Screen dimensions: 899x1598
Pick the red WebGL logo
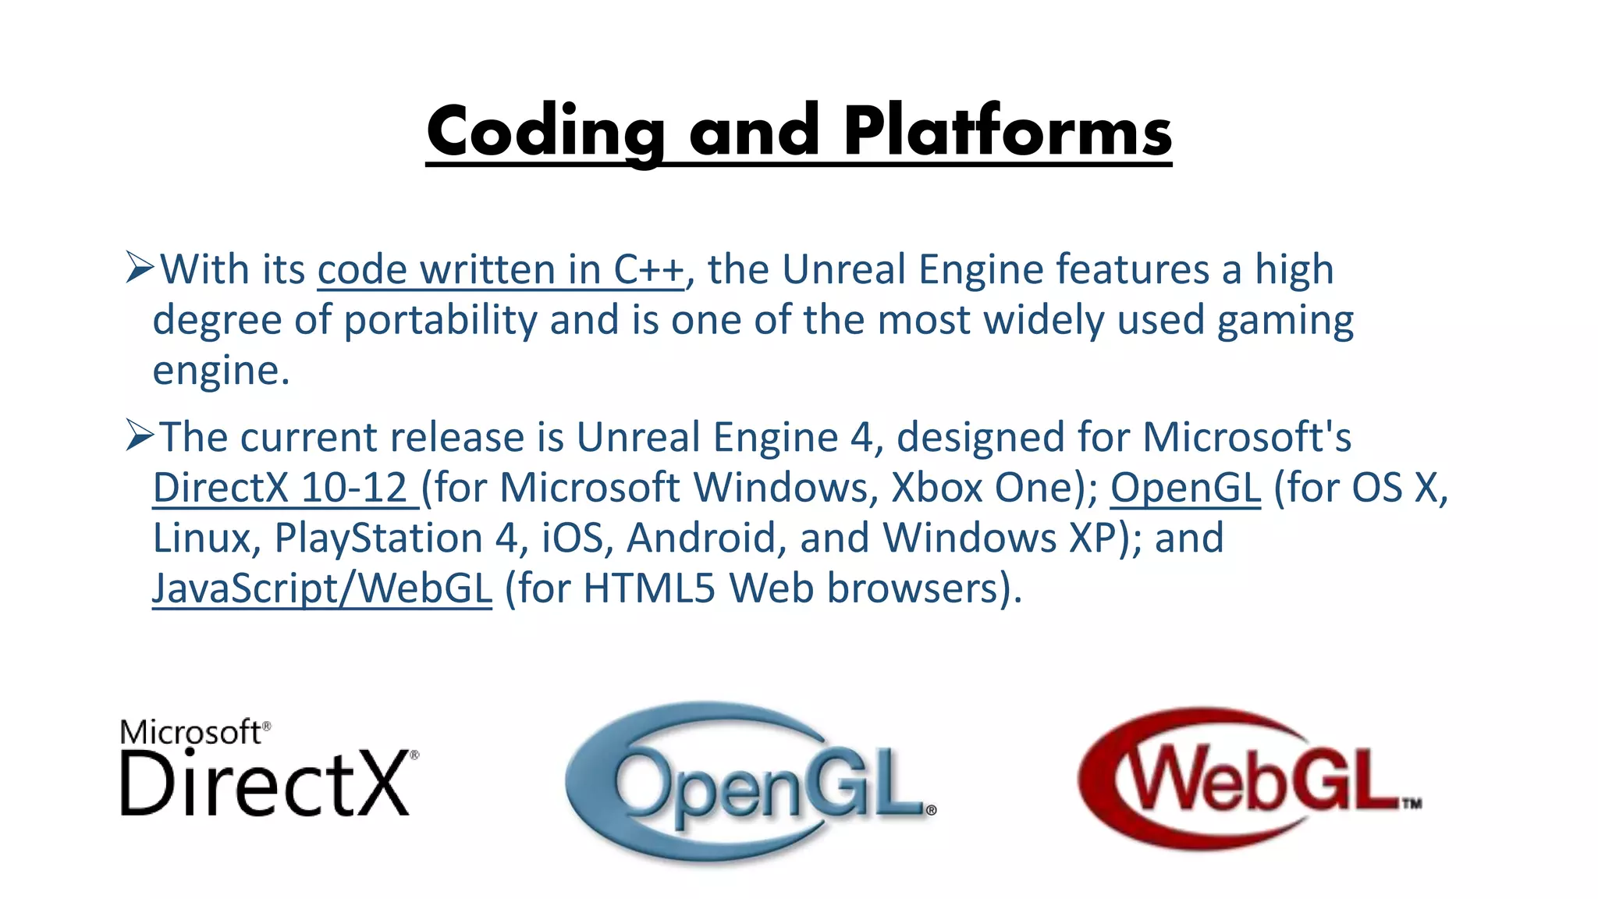(1248, 779)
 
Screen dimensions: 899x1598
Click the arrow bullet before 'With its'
(140, 268)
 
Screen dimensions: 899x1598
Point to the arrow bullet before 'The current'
(140, 435)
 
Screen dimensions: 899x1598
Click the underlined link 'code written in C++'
(500, 270)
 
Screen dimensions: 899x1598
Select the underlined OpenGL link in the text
(1185, 488)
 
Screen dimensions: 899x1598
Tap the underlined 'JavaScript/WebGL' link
(322, 588)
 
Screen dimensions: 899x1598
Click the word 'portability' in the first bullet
(441, 320)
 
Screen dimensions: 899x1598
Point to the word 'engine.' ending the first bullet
(221, 371)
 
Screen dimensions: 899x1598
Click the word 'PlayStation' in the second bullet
(378, 538)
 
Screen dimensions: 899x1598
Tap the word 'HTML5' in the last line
(649, 588)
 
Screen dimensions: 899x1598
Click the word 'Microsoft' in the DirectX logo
(191, 732)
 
